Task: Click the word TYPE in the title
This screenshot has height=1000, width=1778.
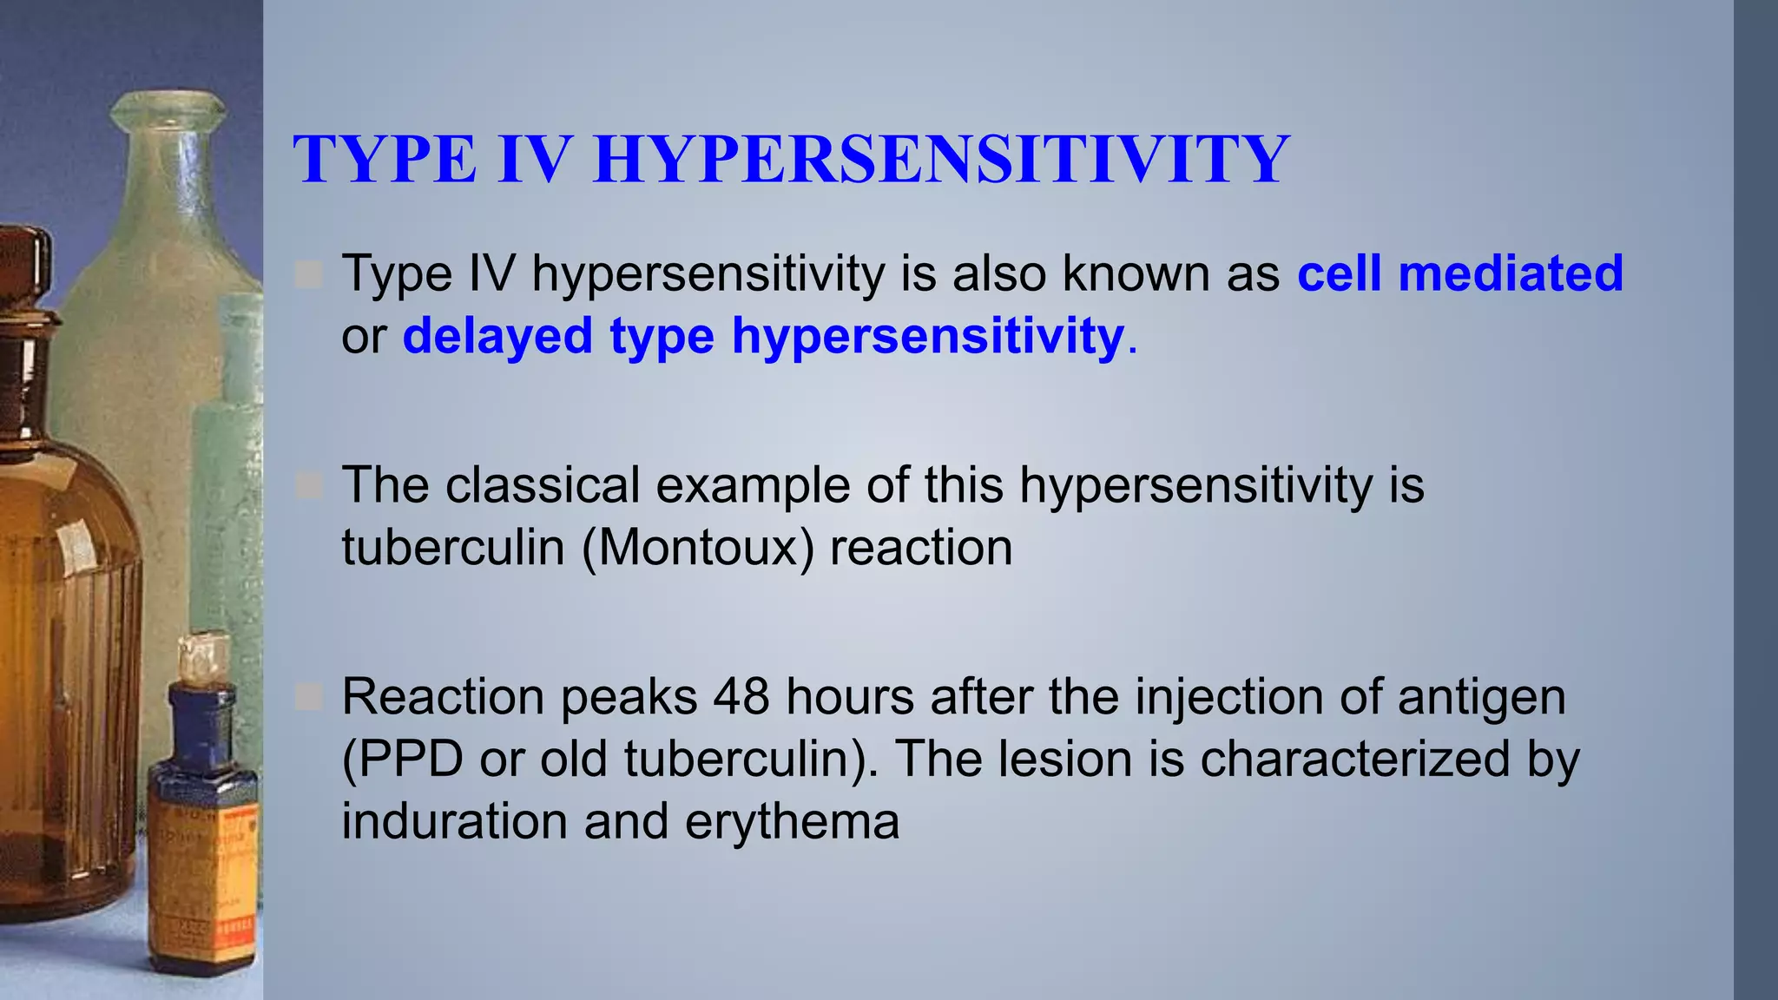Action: tap(385, 160)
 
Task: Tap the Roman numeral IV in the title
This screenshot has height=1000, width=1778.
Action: tap(535, 160)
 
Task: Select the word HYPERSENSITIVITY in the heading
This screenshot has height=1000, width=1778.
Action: tap(941, 160)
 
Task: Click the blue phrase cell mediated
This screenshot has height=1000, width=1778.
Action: tap(1459, 273)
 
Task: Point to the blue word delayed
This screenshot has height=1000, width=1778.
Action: tap(497, 336)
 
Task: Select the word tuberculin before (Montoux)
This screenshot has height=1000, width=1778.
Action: tap(452, 548)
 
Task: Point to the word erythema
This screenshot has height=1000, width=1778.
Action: tap(792, 821)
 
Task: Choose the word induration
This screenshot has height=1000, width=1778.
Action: tap(454, 821)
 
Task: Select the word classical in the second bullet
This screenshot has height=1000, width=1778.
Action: tap(543, 484)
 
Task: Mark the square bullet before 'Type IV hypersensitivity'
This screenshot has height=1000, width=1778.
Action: tap(308, 275)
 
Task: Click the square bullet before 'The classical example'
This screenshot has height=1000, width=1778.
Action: tap(308, 486)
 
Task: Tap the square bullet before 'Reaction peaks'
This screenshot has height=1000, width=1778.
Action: tap(308, 697)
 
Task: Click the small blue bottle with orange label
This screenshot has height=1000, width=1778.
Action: tap(202, 833)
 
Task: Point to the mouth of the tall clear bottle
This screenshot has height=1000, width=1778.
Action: tap(168, 108)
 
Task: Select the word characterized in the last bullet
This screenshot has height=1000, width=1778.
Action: tap(1354, 759)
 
